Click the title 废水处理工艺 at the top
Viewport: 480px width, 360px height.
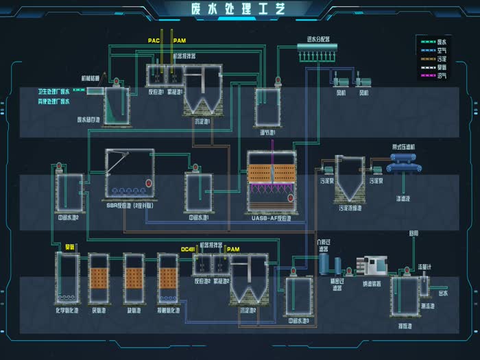coord(241,9)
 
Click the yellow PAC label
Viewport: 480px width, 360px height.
coord(154,41)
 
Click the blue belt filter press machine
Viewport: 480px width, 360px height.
coord(407,163)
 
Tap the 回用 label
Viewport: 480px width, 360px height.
coord(413,233)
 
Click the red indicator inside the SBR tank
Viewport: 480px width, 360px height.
coord(147,183)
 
